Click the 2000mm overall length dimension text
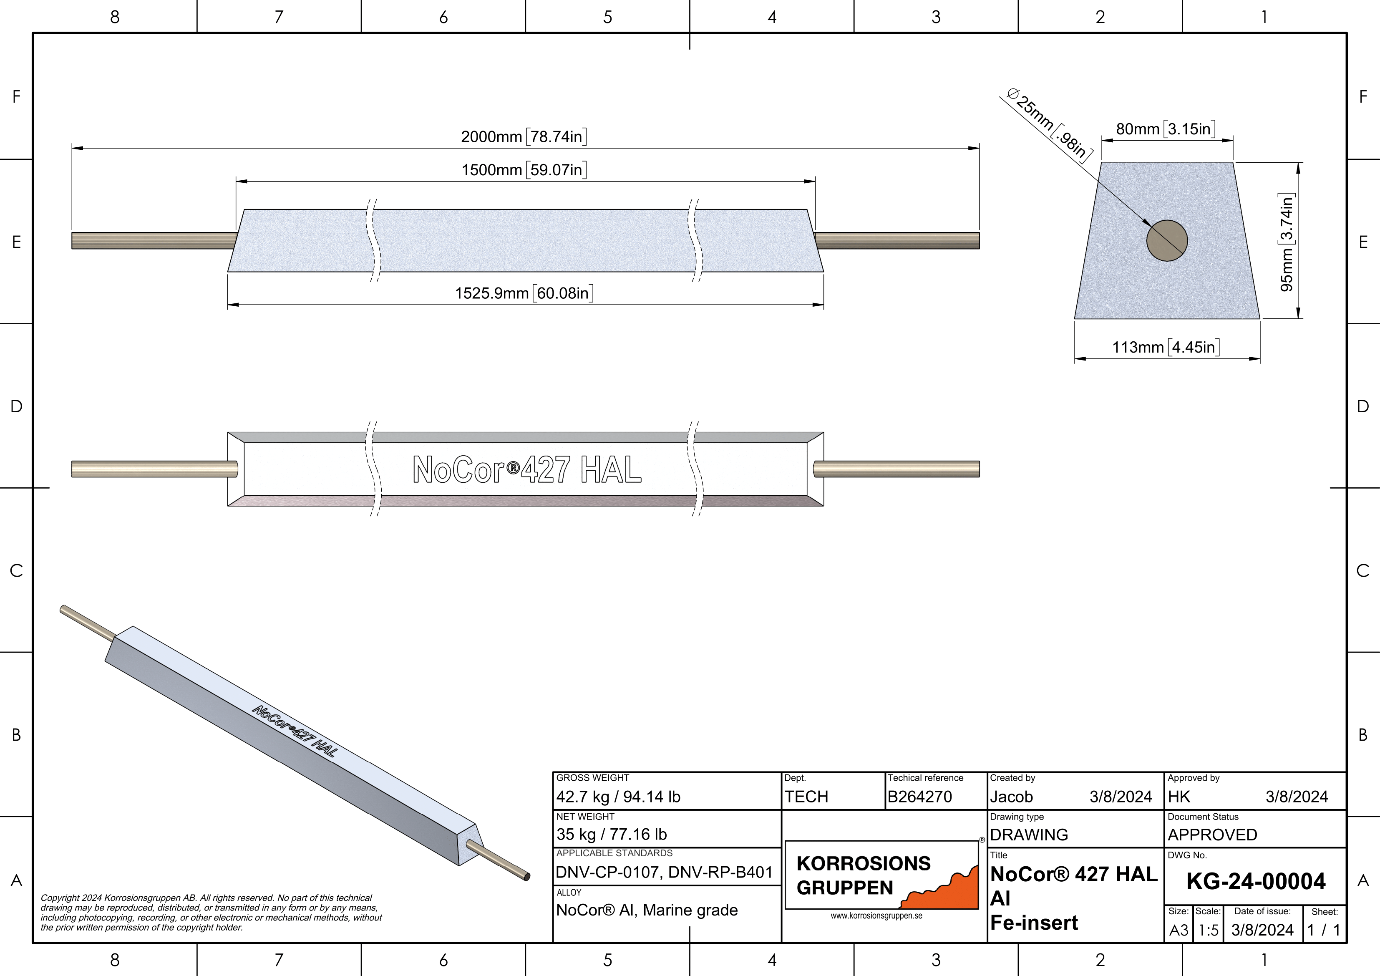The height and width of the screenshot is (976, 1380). pos(524,136)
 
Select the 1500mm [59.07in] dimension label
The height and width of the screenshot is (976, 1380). pos(524,169)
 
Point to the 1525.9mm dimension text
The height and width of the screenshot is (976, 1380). pos(524,293)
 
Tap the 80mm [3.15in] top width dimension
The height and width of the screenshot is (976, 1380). pos(1166,129)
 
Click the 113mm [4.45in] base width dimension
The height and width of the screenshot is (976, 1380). pos(1166,347)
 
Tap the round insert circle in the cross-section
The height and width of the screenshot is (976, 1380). pos(1167,240)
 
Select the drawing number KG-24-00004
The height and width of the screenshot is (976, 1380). pos(1256,882)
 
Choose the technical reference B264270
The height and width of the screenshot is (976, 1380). pos(919,797)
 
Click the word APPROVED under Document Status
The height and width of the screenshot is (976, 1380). pos(1212,835)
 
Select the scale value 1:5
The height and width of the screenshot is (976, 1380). pos(1208,930)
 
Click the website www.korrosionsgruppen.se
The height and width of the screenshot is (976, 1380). pos(876,916)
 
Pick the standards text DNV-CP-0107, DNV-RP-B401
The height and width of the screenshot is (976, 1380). pos(664,872)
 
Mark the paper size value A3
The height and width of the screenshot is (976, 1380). pos(1179,930)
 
